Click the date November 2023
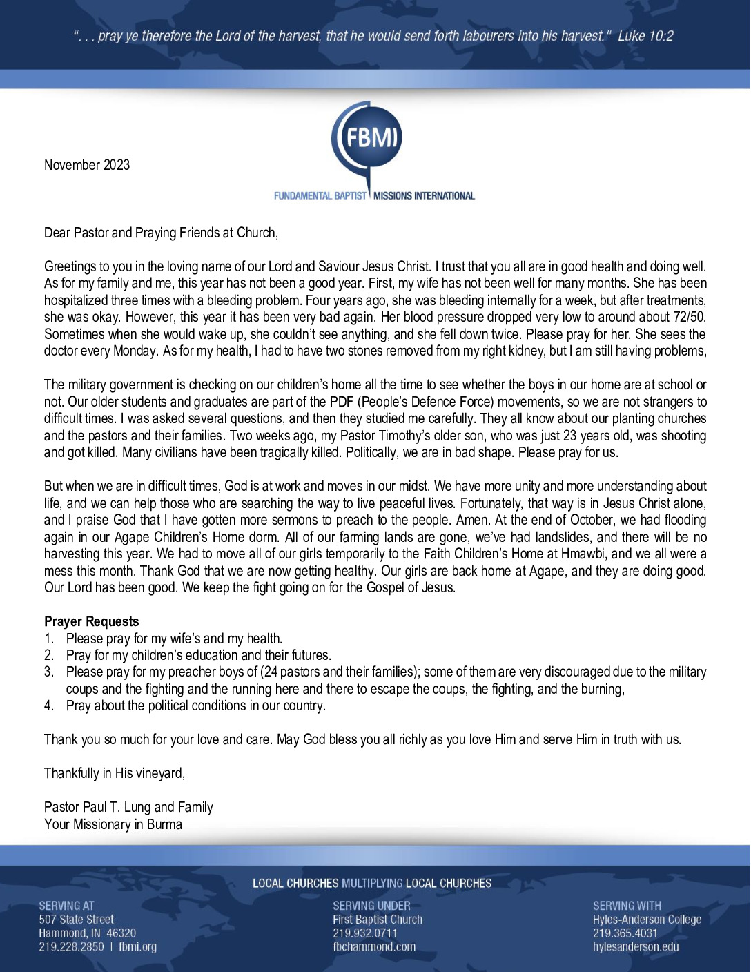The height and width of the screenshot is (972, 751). pos(87,165)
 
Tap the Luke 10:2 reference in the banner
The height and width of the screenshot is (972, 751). pos(645,36)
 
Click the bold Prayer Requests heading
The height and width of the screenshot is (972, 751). pos(91,621)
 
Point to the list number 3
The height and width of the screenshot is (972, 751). pos(49,672)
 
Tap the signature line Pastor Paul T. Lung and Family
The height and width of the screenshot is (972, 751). pos(128,807)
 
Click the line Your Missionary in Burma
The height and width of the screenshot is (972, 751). pos(113,824)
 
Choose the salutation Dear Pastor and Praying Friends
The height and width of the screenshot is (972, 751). pos(161,233)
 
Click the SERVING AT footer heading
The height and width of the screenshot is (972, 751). pos(66,906)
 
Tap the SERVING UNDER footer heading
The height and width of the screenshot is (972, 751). pos(371,906)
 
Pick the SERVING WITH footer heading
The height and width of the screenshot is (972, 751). pos(627,906)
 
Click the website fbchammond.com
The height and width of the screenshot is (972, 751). pos(374,947)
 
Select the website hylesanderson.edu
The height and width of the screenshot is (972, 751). pos(636,947)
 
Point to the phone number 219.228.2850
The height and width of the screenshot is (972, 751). pos(71,947)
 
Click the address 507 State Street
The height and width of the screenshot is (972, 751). pos(76,920)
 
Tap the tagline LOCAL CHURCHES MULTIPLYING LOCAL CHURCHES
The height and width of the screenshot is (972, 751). pos(372,884)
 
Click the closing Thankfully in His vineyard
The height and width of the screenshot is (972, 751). pos(115,773)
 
